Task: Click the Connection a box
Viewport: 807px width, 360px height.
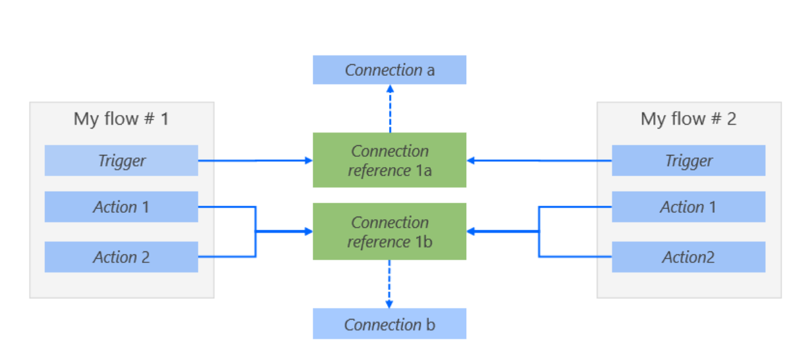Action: point(389,70)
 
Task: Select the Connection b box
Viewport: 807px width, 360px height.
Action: point(389,324)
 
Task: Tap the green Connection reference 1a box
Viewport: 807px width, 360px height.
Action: point(389,160)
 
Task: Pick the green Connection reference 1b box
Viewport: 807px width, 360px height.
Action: point(389,231)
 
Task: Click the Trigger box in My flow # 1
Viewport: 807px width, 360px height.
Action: point(121,160)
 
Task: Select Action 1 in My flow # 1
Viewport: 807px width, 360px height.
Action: point(121,206)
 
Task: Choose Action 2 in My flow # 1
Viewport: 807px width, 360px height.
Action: point(121,256)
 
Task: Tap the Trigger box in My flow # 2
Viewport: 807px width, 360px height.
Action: point(688,160)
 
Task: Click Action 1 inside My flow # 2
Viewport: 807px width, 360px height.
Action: point(688,206)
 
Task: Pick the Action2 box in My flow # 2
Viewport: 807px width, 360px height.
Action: point(688,256)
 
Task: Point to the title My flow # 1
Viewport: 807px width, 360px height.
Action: point(121,119)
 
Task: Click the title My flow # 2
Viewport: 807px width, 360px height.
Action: point(688,119)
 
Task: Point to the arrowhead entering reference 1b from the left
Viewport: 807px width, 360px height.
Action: point(307,231)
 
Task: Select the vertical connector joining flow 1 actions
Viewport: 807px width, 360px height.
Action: point(256,231)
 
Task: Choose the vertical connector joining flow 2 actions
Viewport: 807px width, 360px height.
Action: point(539,231)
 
